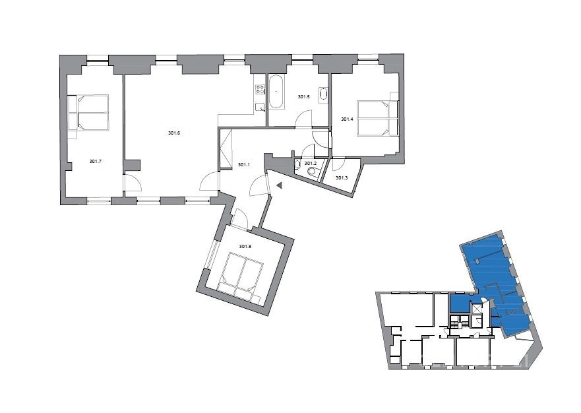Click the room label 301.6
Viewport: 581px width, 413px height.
[x=174, y=133]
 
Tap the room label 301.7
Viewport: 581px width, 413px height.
[x=95, y=161]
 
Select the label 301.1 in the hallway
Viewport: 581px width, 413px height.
[x=243, y=165]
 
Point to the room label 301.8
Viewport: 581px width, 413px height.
[x=245, y=246]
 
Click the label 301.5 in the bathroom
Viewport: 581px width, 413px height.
[x=303, y=97]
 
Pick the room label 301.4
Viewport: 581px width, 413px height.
[x=347, y=119]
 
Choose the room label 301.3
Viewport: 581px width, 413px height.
[x=342, y=178]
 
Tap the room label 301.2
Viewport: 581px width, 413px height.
[x=310, y=163]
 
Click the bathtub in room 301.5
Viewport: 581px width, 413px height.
[x=276, y=92]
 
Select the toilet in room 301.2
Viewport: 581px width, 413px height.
[x=313, y=172]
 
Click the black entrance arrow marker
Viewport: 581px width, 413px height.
[x=280, y=185]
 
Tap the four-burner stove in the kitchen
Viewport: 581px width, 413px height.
[x=260, y=89]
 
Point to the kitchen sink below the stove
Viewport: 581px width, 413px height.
[x=260, y=107]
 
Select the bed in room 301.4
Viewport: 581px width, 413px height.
[x=377, y=118]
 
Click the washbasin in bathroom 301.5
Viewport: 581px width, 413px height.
[x=324, y=94]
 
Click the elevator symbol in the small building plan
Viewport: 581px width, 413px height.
[x=475, y=309]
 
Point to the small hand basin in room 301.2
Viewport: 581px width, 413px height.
[x=297, y=165]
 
